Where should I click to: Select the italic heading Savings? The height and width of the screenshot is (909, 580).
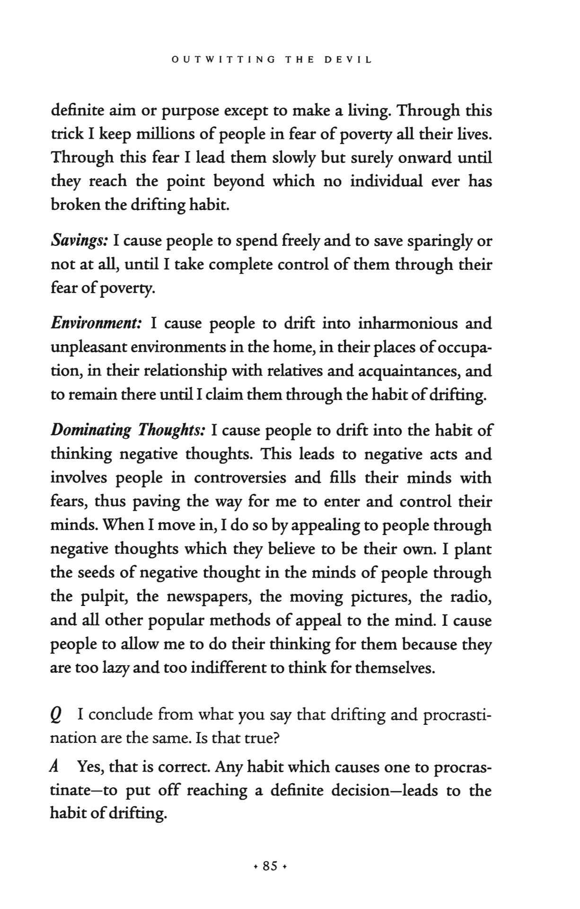(x=79, y=241)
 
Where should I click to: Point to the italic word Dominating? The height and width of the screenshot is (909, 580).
(x=91, y=430)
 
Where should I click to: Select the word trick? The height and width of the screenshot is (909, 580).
(x=65, y=134)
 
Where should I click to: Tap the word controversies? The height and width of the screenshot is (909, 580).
(x=240, y=478)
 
